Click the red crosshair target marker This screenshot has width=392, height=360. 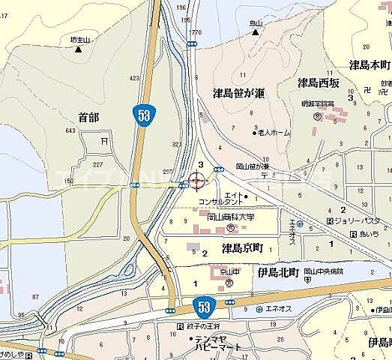pyautogui.click(x=197, y=181)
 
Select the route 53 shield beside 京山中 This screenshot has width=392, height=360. pyautogui.click(x=205, y=306)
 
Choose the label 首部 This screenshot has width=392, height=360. pyautogui.click(x=88, y=118)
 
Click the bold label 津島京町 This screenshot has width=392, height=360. pyautogui.click(x=244, y=247)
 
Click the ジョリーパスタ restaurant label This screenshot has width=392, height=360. pyautogui.click(x=358, y=221)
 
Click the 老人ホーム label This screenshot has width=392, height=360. pyautogui.click(x=274, y=133)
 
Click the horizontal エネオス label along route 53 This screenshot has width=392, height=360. pyautogui.click(x=284, y=309)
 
